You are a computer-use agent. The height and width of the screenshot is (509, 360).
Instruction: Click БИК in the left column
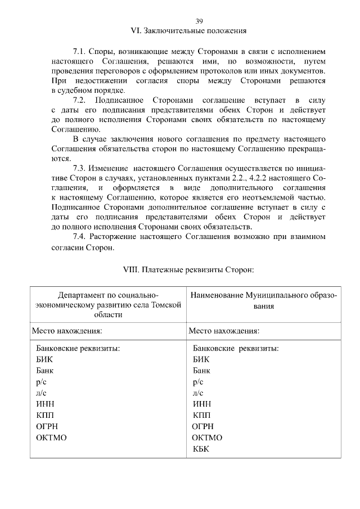(x=44, y=359)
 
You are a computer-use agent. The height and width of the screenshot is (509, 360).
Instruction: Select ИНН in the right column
(x=202, y=404)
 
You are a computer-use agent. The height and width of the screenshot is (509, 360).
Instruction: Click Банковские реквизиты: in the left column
(x=78, y=348)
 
